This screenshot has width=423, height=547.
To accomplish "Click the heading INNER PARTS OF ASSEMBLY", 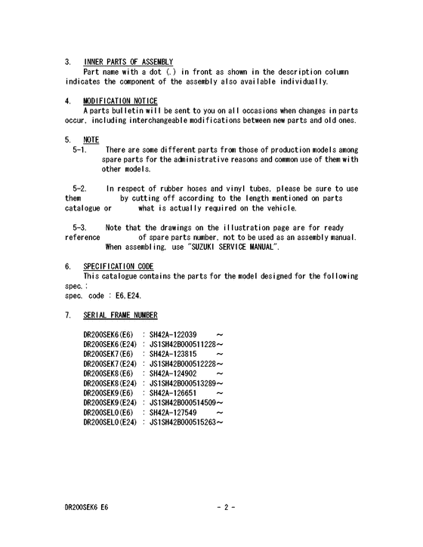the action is (128, 62).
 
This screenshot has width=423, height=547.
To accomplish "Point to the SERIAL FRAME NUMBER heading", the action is (120, 315).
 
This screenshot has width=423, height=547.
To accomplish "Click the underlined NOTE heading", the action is (91, 140).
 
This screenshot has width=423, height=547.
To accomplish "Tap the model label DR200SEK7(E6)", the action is (108, 353).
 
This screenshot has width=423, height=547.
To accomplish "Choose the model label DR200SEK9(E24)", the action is (110, 402).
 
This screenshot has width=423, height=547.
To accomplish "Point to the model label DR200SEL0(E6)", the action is (108, 412).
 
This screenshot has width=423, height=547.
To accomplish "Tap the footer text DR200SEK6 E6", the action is (86, 508).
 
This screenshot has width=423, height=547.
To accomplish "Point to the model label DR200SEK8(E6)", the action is (108, 373).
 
